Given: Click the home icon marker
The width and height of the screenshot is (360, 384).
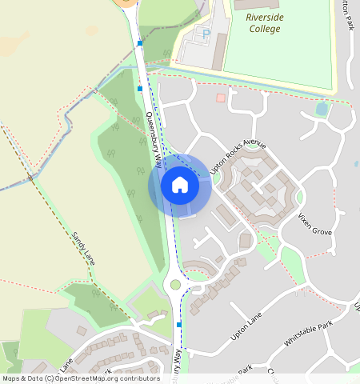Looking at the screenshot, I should click(180, 185).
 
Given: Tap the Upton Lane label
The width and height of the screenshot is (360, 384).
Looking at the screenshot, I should click(246, 326).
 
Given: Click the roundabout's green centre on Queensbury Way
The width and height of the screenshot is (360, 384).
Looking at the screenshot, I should click(176, 284).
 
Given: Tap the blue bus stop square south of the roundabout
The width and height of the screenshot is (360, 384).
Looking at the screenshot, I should click(179, 324).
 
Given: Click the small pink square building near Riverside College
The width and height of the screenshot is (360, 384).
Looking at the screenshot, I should click(221, 98).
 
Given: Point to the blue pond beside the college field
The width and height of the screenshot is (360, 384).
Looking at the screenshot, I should click(322, 108).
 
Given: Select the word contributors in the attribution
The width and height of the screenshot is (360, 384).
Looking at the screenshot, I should click(138, 378).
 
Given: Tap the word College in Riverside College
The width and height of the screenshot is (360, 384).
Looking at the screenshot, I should click(264, 29).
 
